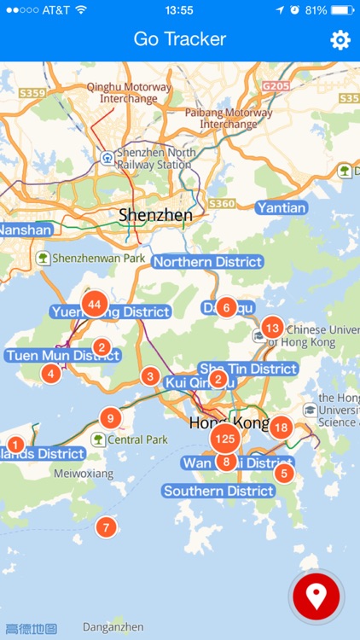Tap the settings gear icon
340,40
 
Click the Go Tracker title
180,39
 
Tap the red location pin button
316,596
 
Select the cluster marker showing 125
225,439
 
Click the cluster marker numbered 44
94,304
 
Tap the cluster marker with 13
272,327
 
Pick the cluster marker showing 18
282,428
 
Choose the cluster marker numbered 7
106,527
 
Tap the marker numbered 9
110,418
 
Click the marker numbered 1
15,444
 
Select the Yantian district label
282,207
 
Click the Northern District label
207,262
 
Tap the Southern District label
219,491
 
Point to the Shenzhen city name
156,214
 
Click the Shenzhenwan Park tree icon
43,257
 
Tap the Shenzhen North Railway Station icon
107,158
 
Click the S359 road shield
32,92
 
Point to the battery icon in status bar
343,10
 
